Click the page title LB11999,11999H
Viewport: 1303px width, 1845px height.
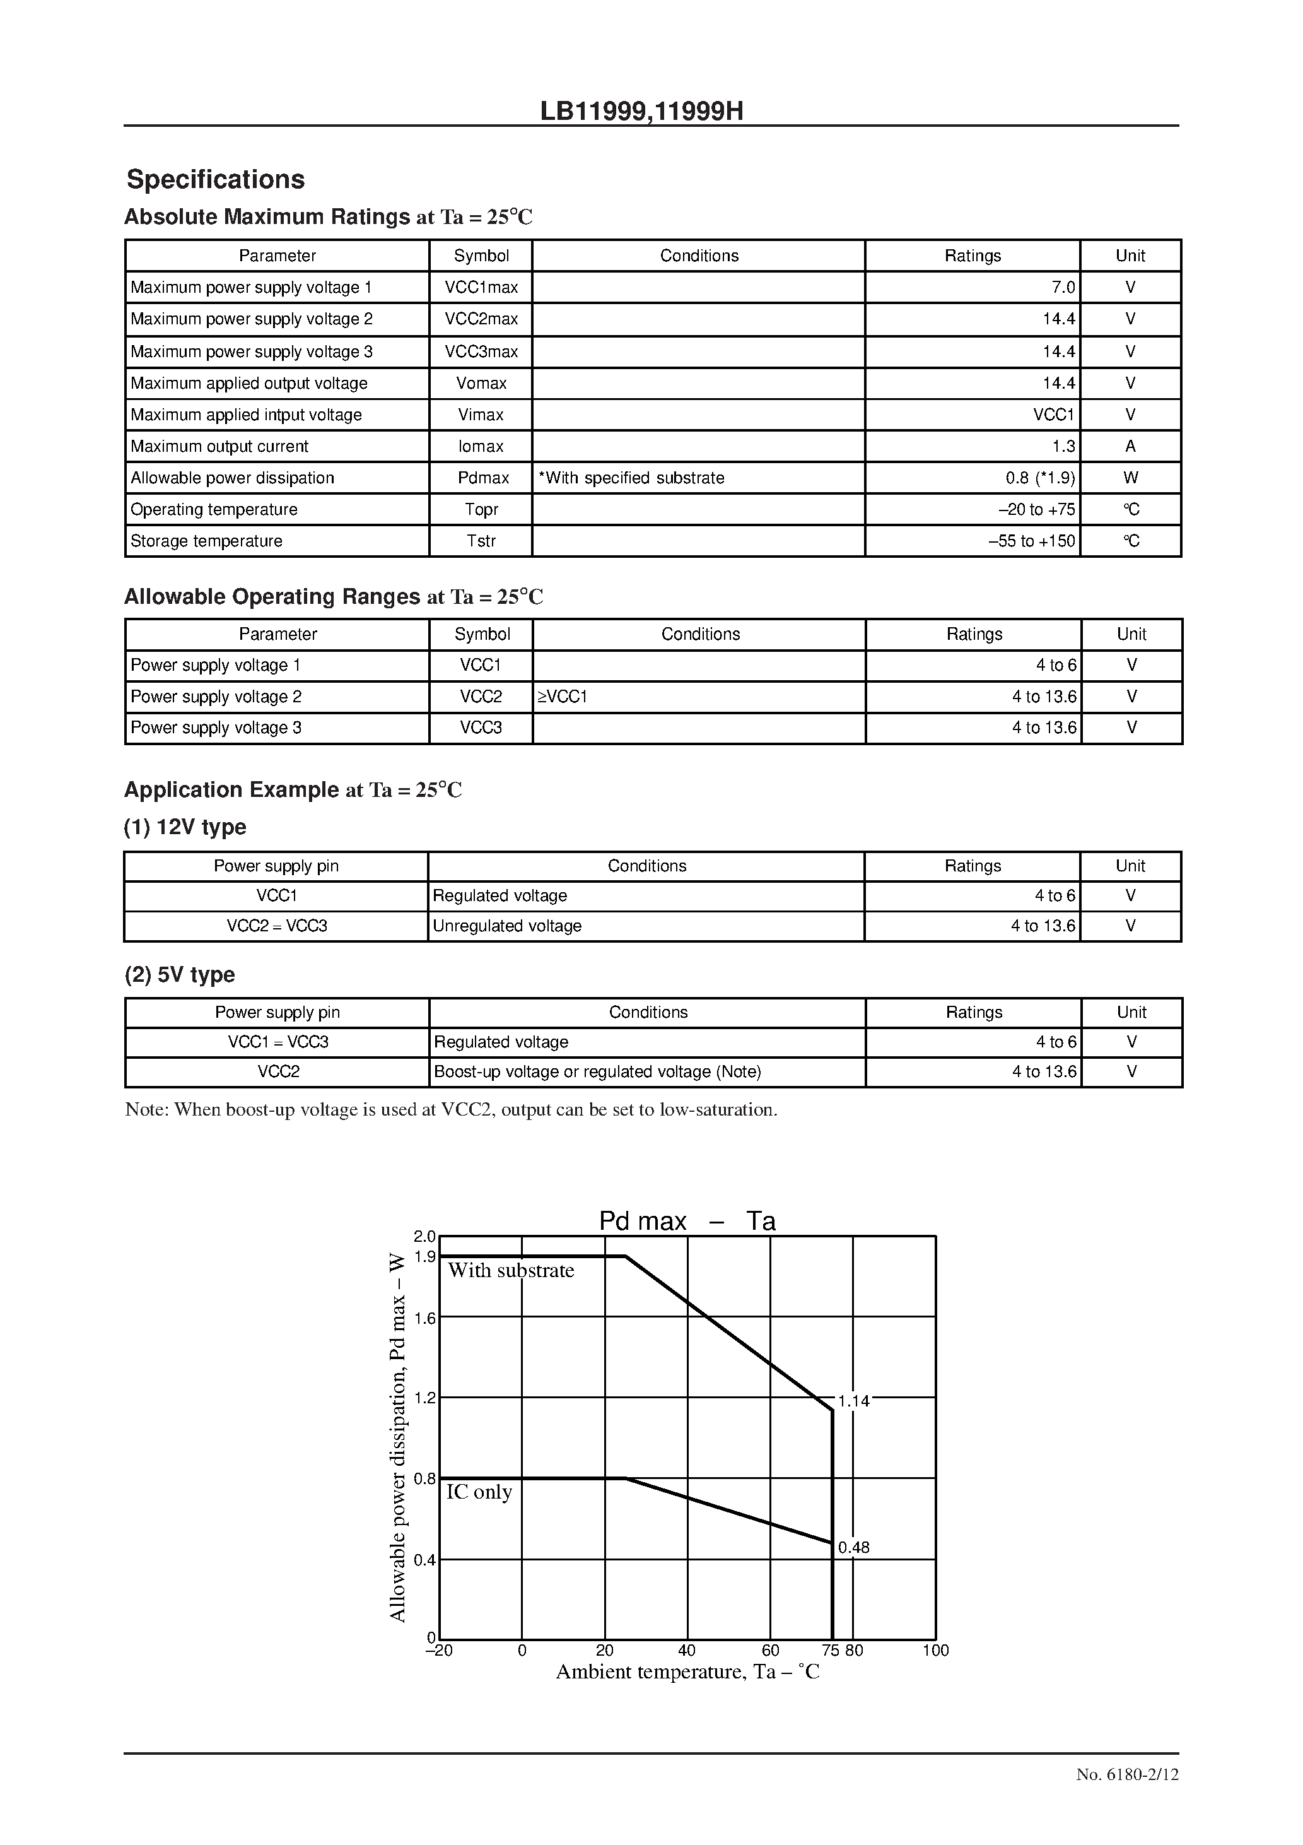click(641, 111)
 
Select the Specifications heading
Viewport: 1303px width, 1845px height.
click(215, 179)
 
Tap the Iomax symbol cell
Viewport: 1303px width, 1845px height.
click(481, 446)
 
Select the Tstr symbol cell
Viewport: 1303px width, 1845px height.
click(481, 541)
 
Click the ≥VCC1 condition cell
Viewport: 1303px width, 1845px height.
click(563, 697)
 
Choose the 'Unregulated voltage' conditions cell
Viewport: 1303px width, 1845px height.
click(507, 926)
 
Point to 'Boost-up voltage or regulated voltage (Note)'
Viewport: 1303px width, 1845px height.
click(597, 1071)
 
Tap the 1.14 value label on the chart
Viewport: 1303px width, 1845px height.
click(853, 1401)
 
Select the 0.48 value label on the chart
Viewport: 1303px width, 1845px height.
click(853, 1548)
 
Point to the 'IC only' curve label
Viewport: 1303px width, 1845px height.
click(479, 1492)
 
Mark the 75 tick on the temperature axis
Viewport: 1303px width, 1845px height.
click(830, 1651)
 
